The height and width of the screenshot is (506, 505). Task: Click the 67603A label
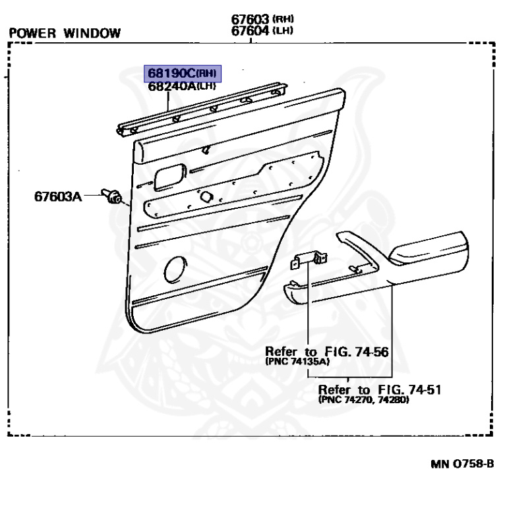point(58,196)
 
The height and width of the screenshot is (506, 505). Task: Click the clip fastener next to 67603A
point(113,196)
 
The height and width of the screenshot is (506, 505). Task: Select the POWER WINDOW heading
point(65,33)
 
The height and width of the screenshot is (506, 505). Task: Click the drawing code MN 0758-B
point(462,464)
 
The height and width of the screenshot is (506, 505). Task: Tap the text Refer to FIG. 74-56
point(326,351)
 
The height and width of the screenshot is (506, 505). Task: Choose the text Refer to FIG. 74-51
point(380,389)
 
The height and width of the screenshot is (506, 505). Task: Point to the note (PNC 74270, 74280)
point(363,400)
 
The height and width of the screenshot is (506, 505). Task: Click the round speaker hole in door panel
point(175,269)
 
